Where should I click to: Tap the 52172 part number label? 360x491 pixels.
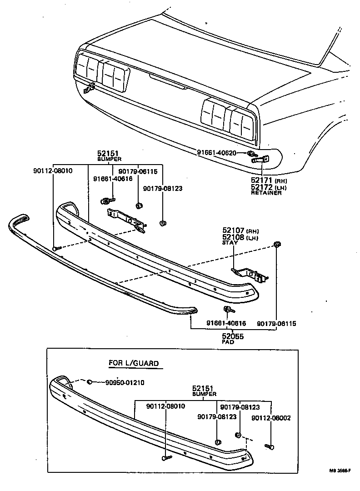[261, 187]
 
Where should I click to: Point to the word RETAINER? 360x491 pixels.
[266, 193]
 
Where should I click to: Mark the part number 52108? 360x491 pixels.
[233, 237]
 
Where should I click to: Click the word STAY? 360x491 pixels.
[230, 243]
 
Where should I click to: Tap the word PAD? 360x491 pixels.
[228, 342]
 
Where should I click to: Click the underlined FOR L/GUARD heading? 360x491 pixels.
[133, 363]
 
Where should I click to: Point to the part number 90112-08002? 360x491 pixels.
[271, 417]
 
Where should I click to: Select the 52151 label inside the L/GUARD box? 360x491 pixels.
[203, 388]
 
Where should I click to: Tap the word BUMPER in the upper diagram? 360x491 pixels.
[110, 160]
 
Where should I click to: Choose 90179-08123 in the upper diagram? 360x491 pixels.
[162, 188]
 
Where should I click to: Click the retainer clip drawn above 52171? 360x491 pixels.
[261, 160]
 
